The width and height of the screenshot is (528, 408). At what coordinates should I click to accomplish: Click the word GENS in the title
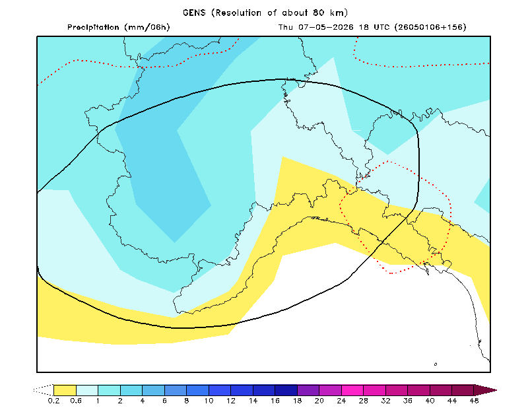[x=194, y=13]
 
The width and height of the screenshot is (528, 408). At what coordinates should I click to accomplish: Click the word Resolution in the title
[x=238, y=13]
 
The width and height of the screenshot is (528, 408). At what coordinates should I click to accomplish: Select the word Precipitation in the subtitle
[x=93, y=27]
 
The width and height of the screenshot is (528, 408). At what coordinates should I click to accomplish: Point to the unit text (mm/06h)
[x=147, y=27]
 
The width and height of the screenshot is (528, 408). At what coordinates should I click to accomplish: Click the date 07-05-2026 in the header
[x=325, y=27]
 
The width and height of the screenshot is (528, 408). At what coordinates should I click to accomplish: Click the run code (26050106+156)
[x=430, y=27]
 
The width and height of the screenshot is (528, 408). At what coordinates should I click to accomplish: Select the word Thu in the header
[x=286, y=27]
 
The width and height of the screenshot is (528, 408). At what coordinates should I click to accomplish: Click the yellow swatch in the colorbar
[x=65, y=390]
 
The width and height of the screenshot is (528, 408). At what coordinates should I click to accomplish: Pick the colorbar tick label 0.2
[x=53, y=401]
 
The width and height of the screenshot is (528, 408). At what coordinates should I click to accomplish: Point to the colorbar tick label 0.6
[x=76, y=401]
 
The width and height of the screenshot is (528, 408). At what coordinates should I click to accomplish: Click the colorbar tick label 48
[x=474, y=401]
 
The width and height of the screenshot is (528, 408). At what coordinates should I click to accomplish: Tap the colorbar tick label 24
[x=341, y=401]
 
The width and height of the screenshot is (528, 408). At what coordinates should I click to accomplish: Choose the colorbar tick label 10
[x=209, y=401]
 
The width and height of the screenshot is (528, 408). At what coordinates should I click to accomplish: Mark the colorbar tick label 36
[x=408, y=401]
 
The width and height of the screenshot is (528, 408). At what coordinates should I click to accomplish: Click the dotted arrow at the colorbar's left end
[x=44, y=390]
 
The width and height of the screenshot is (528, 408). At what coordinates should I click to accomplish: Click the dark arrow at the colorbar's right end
[x=485, y=390]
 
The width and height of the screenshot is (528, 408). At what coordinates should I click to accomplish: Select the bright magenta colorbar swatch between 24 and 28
[x=352, y=390]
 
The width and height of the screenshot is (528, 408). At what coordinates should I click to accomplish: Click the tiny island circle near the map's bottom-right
[x=436, y=364]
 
